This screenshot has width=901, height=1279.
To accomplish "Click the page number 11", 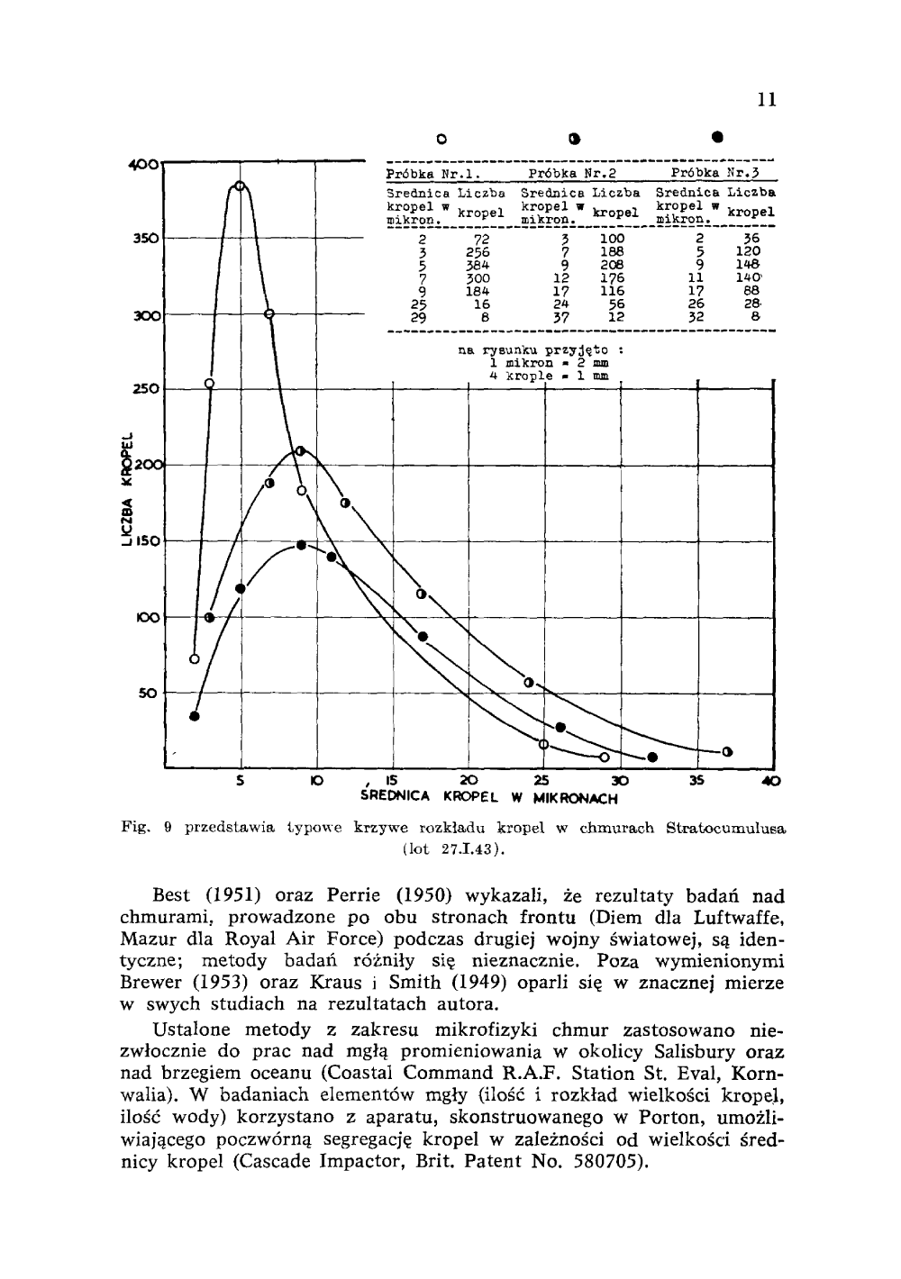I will click(767, 99).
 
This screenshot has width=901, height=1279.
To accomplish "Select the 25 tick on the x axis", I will click(542, 780).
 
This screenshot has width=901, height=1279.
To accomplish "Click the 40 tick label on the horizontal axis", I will click(771, 781).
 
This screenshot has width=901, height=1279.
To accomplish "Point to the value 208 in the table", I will click(613, 265).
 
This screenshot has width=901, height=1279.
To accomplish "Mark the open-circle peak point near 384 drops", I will click(240, 186).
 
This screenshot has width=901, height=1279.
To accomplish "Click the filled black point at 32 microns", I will click(652, 757).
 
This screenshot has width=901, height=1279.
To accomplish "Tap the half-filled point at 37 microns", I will click(727, 751).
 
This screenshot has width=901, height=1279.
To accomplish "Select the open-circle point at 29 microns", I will click(605, 757).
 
